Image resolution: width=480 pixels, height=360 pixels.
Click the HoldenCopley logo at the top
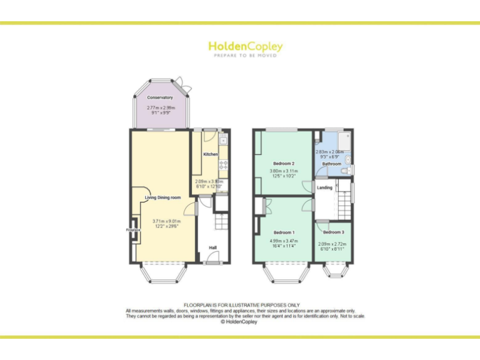click(x=245, y=47)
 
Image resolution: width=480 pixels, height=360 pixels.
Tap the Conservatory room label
click(x=160, y=97)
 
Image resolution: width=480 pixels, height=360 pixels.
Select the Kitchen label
click(x=211, y=154)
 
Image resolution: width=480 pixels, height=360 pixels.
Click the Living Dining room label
click(x=163, y=197)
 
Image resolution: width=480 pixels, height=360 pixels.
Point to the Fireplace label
click(x=132, y=230)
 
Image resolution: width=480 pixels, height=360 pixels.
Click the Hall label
click(x=212, y=247)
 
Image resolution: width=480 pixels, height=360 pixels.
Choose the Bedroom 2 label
click(x=283, y=164)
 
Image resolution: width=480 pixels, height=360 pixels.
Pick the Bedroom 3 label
click(x=332, y=232)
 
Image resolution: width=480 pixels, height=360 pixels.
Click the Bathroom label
click(x=332, y=164)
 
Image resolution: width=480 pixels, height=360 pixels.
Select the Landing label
click(x=324, y=187)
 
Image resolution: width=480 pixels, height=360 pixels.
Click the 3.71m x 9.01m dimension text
click(x=167, y=221)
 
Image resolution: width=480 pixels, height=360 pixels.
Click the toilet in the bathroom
click(x=349, y=168)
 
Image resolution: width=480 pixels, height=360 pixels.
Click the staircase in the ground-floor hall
click(x=220, y=222)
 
